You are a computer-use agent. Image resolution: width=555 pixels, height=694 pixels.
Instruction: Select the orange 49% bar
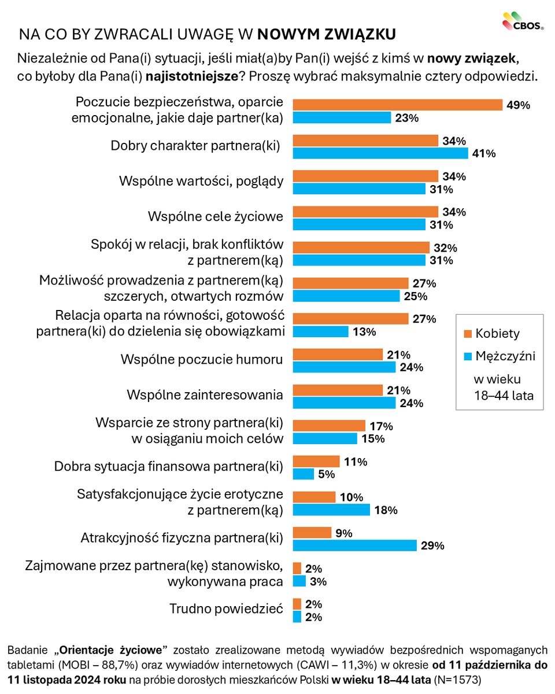pos(397,105)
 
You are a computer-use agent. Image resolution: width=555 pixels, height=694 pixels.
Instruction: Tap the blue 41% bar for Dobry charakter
pos(380,153)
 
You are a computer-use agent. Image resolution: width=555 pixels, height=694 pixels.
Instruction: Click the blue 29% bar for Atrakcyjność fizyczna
pos(354,545)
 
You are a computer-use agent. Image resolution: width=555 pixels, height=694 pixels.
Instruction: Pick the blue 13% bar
pos(320,331)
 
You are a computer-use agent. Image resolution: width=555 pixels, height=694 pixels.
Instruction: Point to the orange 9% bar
pos(312,533)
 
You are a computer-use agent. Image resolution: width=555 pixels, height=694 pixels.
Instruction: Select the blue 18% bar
pos(331,510)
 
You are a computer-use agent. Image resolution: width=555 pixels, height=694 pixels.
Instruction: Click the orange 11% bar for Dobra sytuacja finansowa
pos(316,461)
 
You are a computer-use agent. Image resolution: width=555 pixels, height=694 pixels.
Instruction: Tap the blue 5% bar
pos(304,474)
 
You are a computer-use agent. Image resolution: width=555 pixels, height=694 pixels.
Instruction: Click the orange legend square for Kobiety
pos(468,334)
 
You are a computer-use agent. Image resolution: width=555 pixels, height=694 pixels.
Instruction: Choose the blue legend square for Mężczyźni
pos(468,356)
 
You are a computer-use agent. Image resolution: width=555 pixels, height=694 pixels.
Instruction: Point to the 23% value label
pos(408,118)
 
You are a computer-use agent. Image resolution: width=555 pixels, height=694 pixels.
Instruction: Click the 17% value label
pos(382,426)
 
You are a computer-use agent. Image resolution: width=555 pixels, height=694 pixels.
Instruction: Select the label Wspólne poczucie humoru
pos(201,359)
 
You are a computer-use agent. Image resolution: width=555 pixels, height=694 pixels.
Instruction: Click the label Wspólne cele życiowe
pos(216,217)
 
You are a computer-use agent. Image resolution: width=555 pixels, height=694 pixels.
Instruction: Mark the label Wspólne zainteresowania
pos(205,395)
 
